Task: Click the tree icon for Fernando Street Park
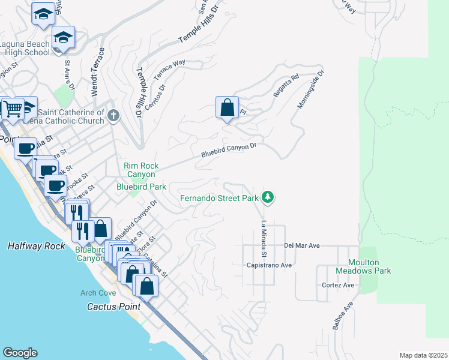(268, 197)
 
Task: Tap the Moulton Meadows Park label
(370, 266)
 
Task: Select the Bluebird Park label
(141, 187)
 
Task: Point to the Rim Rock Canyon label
(140, 170)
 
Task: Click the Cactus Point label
(109, 307)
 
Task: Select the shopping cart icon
(11, 109)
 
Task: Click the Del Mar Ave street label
(302, 245)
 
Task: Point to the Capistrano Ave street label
(269, 265)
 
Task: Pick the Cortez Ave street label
(338, 285)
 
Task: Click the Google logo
(20, 353)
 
